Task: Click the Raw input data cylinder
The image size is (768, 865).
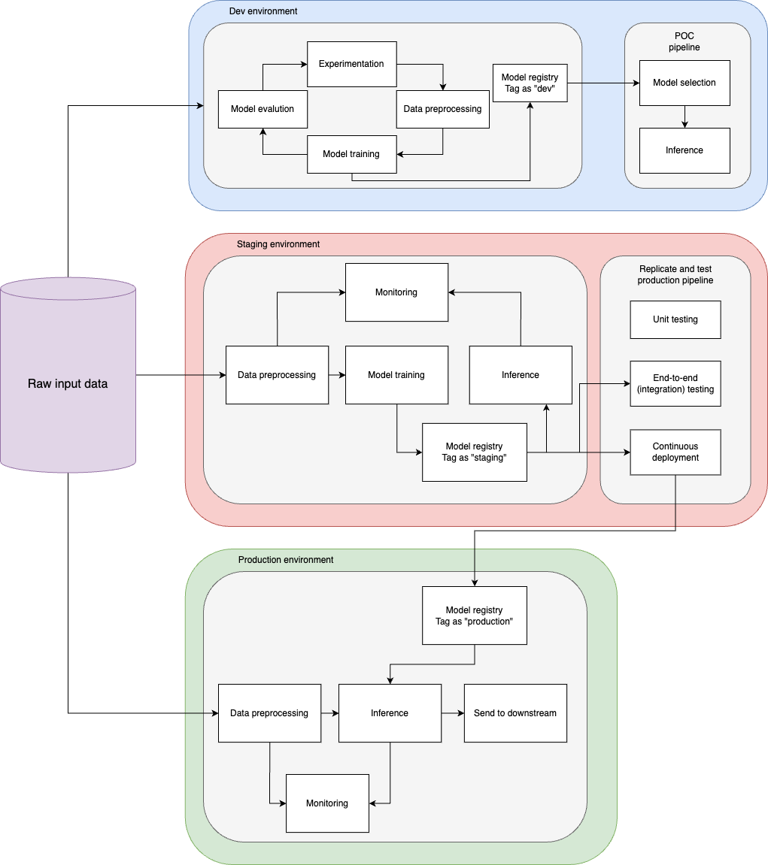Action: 68,383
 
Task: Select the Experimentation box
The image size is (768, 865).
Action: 351,64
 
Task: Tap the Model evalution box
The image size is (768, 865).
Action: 263,109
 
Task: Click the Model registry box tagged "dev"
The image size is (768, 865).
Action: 530,83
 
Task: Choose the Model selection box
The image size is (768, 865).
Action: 685,83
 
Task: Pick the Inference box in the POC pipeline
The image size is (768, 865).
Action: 685,150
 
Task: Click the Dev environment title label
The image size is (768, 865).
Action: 263,11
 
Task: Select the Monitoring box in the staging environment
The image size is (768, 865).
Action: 396,292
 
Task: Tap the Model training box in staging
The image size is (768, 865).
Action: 396,375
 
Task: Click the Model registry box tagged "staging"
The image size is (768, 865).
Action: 474,452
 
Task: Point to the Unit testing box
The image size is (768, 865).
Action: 675,319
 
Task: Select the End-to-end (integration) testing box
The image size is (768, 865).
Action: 675,384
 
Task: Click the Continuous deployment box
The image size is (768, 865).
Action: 675,452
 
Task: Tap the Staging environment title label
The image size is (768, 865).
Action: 278,244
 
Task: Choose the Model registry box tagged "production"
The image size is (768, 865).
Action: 474,615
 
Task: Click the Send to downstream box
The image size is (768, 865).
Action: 515,713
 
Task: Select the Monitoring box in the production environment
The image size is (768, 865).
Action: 327,803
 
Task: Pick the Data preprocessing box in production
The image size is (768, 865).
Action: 269,713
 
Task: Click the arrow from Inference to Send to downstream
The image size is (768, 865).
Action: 452,713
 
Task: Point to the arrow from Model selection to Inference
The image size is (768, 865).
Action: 685,116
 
